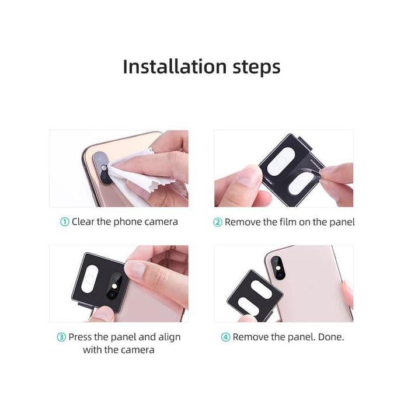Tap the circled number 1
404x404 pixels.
[64, 222]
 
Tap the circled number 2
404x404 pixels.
[217, 222]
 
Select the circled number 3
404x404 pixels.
[61, 337]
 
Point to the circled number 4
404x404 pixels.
[225, 337]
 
